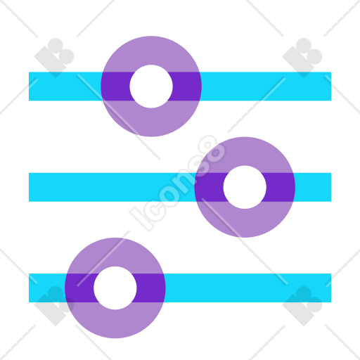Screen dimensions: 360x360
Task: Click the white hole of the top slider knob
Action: point(151,86)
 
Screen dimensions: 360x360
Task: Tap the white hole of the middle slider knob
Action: point(245,187)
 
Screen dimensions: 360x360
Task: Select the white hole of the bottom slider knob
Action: point(115,288)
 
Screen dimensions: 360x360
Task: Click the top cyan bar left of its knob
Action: point(65,86)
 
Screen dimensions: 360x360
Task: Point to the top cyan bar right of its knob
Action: point(266,86)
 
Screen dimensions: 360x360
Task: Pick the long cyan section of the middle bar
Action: point(112,187)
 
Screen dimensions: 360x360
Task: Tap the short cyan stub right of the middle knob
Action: point(313,187)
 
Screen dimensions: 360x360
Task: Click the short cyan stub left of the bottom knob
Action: point(47,288)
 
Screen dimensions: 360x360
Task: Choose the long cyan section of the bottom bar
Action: point(248,288)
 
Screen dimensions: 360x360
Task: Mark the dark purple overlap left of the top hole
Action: point(115,86)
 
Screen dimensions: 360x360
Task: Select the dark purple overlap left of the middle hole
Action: point(209,187)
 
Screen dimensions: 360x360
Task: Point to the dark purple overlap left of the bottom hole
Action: point(79,288)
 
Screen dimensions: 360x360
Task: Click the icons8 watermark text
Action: point(178,184)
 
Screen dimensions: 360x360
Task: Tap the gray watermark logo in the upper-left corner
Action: point(54,58)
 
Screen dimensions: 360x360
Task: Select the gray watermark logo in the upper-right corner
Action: point(302,58)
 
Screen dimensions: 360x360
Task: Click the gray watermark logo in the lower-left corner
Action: point(54,306)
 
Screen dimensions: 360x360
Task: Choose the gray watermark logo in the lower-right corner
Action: point(302,306)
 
